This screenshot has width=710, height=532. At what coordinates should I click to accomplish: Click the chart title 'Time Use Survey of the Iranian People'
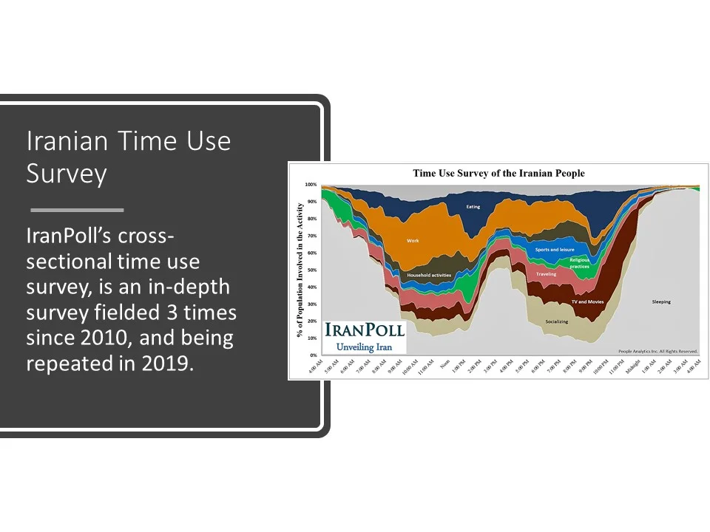(498, 174)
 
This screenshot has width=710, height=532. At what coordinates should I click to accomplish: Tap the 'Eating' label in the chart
(473, 207)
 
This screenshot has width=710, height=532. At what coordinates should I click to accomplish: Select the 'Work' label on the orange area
(412, 241)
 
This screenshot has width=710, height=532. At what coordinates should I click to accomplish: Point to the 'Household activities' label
(429, 276)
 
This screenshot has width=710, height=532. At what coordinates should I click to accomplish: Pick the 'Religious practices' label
(579, 263)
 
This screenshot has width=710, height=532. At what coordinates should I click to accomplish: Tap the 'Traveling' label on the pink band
(546, 274)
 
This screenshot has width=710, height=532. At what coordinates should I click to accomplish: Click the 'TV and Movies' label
(587, 302)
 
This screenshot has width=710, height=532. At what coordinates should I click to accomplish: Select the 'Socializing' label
(556, 322)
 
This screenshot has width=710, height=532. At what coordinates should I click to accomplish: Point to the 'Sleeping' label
(661, 301)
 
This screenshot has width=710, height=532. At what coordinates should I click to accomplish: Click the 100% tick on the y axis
(311, 185)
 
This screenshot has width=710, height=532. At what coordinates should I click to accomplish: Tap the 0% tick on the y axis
(313, 355)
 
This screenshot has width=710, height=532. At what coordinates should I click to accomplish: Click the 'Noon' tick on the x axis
(444, 364)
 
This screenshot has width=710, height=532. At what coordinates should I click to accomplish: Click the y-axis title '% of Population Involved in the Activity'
(298, 270)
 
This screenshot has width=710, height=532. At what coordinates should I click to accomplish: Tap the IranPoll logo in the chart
(365, 336)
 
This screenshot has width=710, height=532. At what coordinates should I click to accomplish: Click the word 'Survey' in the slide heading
(67, 174)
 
